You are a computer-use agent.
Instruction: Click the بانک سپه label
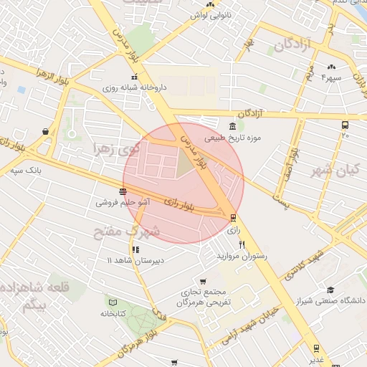tap(27, 171)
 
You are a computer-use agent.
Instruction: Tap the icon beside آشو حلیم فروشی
tap(124, 191)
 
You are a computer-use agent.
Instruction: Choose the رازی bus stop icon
tap(234, 217)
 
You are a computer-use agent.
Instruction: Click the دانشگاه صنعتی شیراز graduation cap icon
tap(330, 290)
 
